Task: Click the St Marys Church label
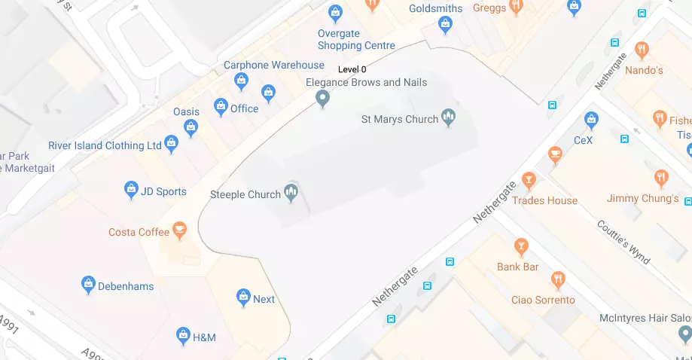pos(399,119)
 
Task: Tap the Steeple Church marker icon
pos(291,194)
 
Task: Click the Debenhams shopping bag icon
pos(88,285)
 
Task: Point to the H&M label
pos(203,337)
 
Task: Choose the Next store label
pos(264,299)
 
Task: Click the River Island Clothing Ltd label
pos(105,145)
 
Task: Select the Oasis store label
pos(186,111)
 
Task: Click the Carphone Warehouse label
pos(274,65)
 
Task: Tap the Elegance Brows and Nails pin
pos(322,98)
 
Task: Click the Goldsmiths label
pos(436,8)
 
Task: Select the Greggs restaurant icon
pos(516,7)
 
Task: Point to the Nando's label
pos(645,70)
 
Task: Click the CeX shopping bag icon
pos(592,120)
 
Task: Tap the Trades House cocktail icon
pos(529,181)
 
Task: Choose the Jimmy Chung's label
pos(642,199)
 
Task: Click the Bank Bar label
pos(517,267)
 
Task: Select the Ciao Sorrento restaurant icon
pos(558,280)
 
